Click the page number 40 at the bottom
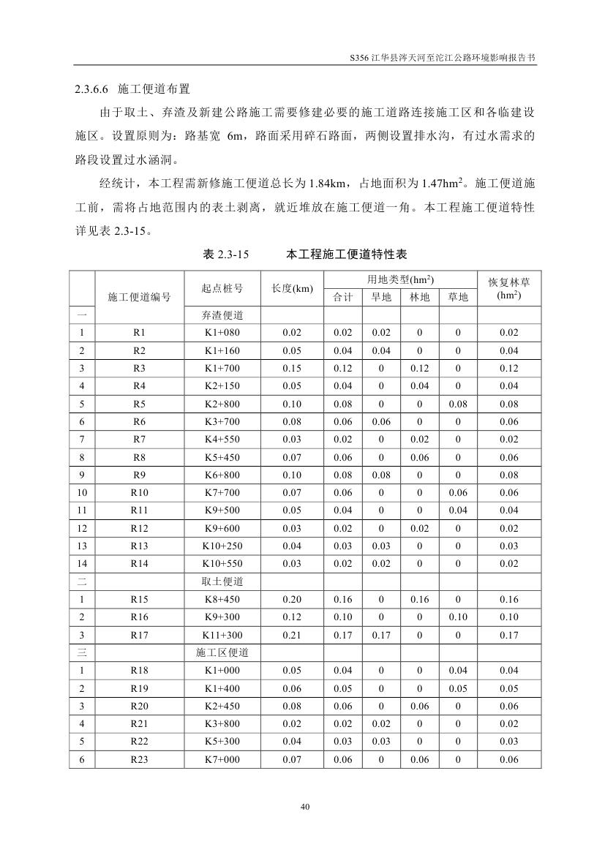[305, 807]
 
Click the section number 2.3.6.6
[91, 89]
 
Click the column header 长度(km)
[292, 288]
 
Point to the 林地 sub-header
[419, 297]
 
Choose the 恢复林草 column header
[509, 288]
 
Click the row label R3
[139, 368]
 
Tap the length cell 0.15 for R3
[292, 368]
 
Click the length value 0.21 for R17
[292, 635]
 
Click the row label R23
[139, 760]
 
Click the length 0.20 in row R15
[292, 600]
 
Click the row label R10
[139, 493]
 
